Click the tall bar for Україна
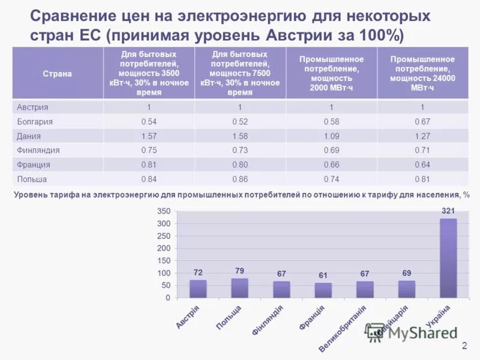[x=448, y=258]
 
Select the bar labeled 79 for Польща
[x=239, y=288]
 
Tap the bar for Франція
[x=323, y=290]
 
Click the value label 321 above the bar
[x=448, y=211]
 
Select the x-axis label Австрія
[x=188, y=316]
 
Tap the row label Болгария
[x=35, y=122]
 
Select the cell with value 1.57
[x=148, y=136]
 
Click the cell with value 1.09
[x=331, y=136]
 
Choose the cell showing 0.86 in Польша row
[x=240, y=179]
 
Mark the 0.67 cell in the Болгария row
[x=422, y=122]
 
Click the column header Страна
[x=57, y=73]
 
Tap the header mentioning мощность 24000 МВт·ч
[x=422, y=73]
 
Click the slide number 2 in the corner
[x=464, y=346]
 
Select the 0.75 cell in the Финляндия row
[x=148, y=151]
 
